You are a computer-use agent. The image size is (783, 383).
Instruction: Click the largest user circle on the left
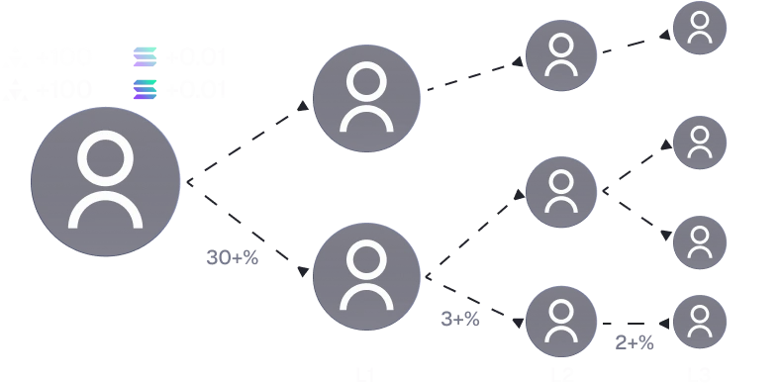pyautogui.click(x=106, y=184)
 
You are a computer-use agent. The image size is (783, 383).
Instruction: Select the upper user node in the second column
pyautogui.click(x=365, y=98)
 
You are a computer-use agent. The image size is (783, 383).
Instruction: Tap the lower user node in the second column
pyautogui.click(x=365, y=277)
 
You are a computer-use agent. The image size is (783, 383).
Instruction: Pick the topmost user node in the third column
pyautogui.click(x=561, y=55)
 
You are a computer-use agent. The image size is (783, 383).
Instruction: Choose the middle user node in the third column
pyautogui.click(x=561, y=191)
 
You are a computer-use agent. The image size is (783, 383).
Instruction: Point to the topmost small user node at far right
pyautogui.click(x=700, y=27)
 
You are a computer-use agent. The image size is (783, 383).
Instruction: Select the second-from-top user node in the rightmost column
pyautogui.click(x=700, y=143)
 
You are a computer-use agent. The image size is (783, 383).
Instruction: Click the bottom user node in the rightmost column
pyautogui.click(x=700, y=321)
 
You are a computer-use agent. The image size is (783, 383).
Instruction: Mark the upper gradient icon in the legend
pyautogui.click(x=144, y=57)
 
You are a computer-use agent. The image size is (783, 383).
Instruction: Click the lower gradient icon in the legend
pyautogui.click(x=144, y=90)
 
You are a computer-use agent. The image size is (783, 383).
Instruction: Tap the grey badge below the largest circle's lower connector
pyautogui.click(x=233, y=258)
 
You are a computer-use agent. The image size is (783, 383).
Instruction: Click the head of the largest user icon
pyautogui.click(x=106, y=157)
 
